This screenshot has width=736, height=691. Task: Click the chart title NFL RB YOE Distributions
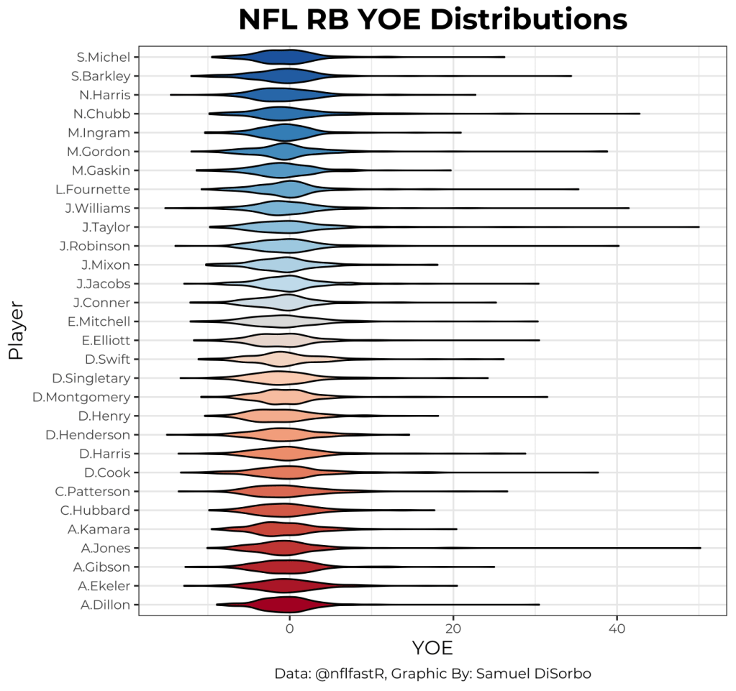(x=432, y=21)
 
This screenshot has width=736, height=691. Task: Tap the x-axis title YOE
(x=432, y=649)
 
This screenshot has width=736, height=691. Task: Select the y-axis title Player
(x=15, y=331)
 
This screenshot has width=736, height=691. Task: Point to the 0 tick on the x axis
(x=289, y=628)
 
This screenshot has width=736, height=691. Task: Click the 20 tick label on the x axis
(x=453, y=628)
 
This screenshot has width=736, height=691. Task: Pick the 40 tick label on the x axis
(x=617, y=628)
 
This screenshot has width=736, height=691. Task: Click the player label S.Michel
(x=104, y=57)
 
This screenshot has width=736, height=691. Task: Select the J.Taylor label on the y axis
(x=106, y=227)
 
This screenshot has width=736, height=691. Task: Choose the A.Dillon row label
(x=106, y=605)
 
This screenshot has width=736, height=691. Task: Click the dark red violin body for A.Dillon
(x=288, y=605)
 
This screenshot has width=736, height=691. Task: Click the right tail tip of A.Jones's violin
(x=700, y=548)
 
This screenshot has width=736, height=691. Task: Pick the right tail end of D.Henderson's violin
(x=409, y=434)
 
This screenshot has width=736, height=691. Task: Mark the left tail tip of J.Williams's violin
(x=165, y=208)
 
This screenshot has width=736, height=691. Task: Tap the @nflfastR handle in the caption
(x=345, y=674)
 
